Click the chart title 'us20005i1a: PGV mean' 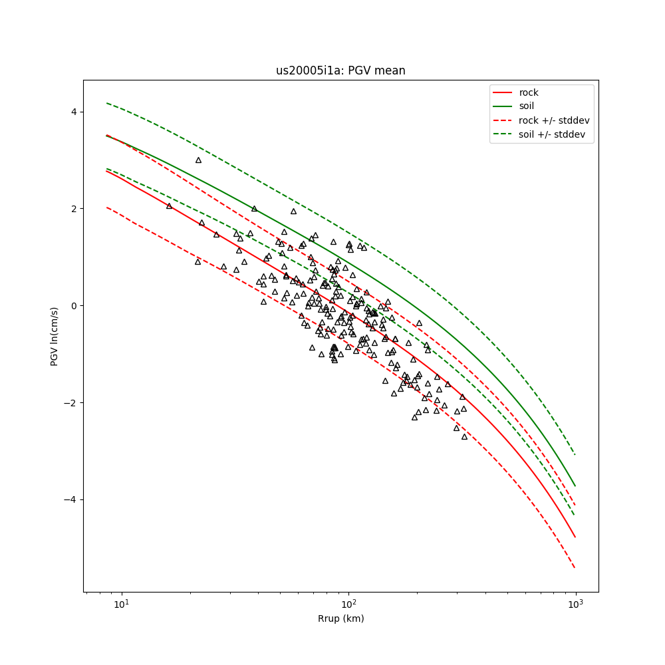click(340, 70)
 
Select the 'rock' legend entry click(529, 92)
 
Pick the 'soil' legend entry click(526, 106)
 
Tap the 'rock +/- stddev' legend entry click(554, 120)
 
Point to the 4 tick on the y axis click(73, 112)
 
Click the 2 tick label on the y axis click(73, 209)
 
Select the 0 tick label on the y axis click(73, 306)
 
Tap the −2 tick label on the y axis click(71, 403)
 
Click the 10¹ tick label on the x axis click(121, 604)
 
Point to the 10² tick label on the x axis click(348, 604)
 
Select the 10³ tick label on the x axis click(575, 604)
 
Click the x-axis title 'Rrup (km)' click(340, 618)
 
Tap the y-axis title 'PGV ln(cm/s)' click(55, 336)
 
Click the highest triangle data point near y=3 click(198, 160)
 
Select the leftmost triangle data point click(169, 206)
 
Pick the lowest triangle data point click(464, 437)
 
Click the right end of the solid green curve click(575, 486)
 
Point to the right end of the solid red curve click(575, 537)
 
